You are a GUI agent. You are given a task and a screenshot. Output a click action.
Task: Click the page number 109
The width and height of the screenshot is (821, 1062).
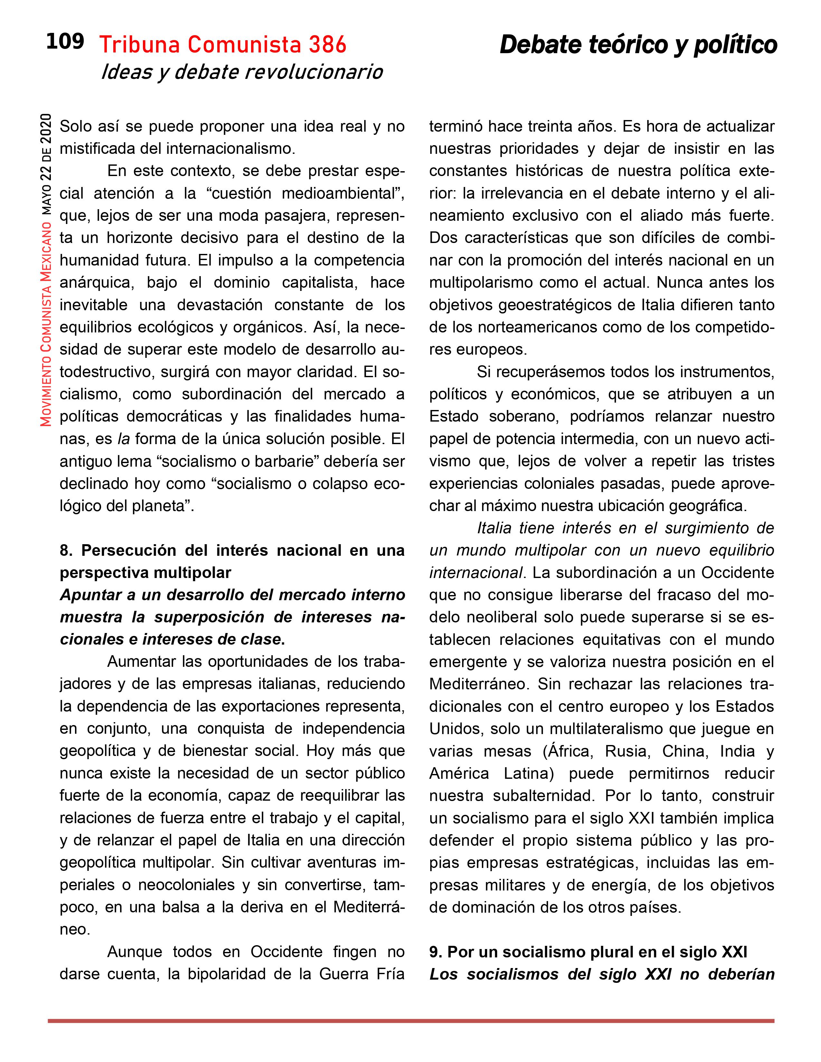[65, 42]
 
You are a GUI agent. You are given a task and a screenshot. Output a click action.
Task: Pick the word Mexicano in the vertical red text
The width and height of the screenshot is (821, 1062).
[46, 247]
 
